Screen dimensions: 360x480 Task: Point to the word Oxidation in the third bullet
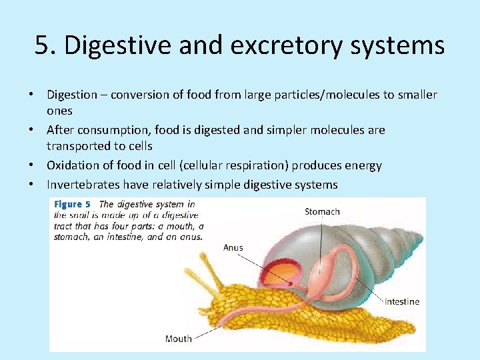pos(73,165)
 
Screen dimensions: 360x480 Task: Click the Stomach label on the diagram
pos(322,212)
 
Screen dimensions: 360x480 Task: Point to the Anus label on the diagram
pos(233,247)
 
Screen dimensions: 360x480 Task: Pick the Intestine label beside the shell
pos(402,301)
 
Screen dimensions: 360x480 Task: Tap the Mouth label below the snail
pos(178,339)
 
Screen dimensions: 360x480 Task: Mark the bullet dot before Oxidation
pos(37,165)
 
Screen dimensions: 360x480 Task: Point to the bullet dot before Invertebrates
pos(37,185)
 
